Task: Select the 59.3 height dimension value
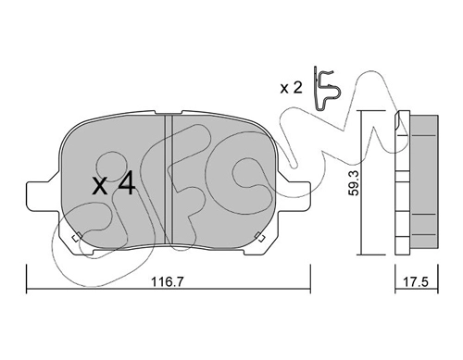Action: pos(355,183)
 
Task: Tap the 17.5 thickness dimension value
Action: pos(416,281)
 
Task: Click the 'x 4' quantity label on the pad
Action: pos(114,184)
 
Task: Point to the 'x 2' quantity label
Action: pos(291,88)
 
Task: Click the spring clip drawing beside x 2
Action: pos(327,89)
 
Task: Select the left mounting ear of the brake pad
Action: pos(44,196)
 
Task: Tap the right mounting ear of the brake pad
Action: pos(294,196)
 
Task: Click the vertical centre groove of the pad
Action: pos(169,180)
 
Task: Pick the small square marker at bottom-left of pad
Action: pos(76,238)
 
